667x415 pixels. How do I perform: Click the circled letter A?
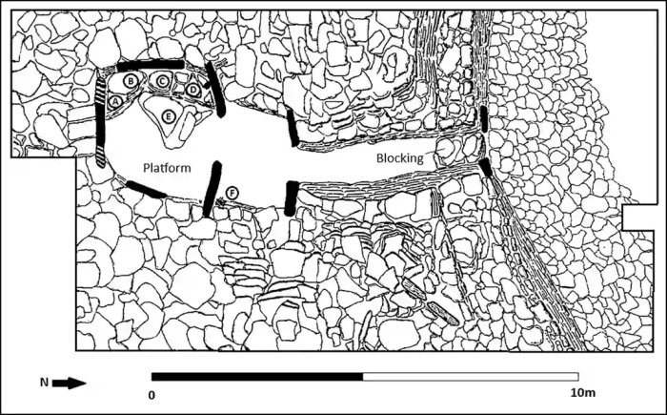[x=114, y=100]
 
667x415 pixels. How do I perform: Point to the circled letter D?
[x=193, y=89]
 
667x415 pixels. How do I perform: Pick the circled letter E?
[x=169, y=116]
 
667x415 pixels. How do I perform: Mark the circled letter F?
[x=231, y=192]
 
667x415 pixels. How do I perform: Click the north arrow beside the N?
[x=69, y=384]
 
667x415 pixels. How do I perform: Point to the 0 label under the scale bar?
[x=152, y=394]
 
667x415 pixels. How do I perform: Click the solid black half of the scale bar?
[x=257, y=377]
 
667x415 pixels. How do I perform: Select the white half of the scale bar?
[x=471, y=377]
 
